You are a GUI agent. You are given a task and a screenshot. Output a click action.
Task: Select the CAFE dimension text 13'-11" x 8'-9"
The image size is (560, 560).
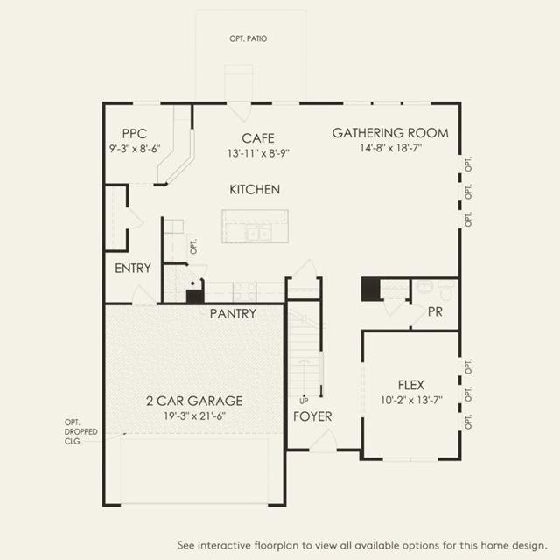(x=258, y=152)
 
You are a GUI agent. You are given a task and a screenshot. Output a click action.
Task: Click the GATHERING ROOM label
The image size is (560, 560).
(x=390, y=133)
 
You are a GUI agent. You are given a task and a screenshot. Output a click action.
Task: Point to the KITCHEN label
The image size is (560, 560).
(x=255, y=189)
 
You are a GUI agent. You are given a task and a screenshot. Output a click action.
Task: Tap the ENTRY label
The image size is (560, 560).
(x=133, y=269)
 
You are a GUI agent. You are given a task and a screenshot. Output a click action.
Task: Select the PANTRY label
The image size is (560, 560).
(x=233, y=314)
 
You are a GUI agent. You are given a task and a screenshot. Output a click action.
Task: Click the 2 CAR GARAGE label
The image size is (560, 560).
(x=194, y=401)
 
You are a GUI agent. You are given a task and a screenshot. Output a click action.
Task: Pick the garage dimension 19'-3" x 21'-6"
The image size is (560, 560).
(x=194, y=417)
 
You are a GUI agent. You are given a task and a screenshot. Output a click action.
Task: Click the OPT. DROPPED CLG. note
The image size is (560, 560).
(x=80, y=432)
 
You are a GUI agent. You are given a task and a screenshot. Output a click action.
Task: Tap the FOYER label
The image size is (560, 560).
(x=312, y=416)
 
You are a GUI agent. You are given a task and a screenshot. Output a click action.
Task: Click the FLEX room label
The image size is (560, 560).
(x=410, y=385)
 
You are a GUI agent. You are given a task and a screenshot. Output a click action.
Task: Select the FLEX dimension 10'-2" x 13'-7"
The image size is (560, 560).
(x=410, y=401)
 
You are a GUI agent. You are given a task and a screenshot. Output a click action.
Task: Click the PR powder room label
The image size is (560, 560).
(x=435, y=312)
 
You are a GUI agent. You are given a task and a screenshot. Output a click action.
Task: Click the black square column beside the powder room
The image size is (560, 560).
(x=371, y=289)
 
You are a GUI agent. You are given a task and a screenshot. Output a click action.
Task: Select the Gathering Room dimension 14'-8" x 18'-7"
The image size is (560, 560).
(x=390, y=149)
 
